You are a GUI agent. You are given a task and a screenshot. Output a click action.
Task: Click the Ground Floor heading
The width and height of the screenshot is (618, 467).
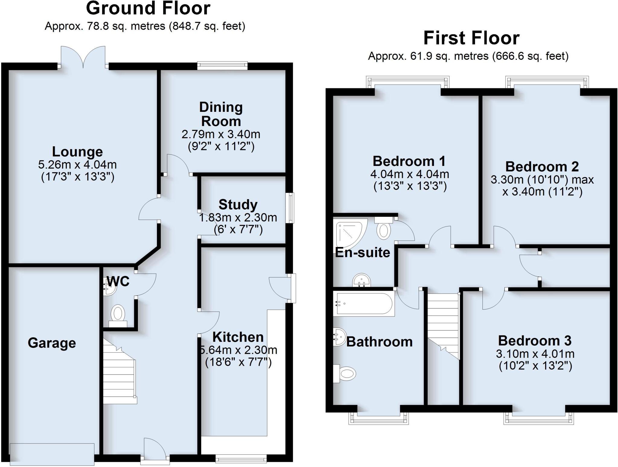[x=148, y=8]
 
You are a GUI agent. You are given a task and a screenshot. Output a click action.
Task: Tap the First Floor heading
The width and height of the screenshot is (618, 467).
[x=471, y=38]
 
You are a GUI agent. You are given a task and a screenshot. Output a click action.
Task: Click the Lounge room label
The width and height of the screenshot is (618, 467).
[x=77, y=151]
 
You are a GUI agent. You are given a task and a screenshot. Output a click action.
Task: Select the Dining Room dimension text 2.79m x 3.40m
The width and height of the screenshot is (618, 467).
[x=221, y=134]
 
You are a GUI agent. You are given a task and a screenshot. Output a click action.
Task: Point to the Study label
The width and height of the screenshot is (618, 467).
[x=238, y=205]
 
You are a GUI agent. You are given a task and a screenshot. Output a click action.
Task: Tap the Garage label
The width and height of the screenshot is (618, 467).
[x=52, y=343]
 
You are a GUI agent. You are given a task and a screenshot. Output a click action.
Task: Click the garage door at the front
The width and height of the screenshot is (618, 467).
[x=52, y=454]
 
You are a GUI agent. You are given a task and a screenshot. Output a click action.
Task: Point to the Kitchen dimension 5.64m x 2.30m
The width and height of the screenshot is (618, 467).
[x=238, y=350]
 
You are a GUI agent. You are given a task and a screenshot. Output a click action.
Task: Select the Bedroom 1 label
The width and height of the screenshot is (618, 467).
[x=409, y=161]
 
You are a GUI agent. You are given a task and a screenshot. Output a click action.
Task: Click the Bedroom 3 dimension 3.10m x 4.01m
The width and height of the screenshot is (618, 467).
[x=535, y=354]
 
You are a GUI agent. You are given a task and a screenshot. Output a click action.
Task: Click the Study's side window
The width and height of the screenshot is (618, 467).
[x=290, y=208]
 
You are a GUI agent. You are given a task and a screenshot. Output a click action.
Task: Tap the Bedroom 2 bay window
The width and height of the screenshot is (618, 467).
[x=547, y=82]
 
